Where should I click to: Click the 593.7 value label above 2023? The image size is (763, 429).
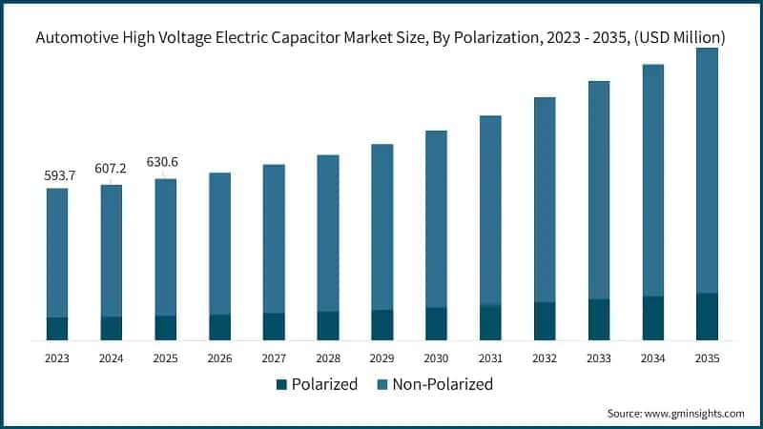pos(57,175)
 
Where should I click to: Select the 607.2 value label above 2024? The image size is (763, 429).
pos(112,168)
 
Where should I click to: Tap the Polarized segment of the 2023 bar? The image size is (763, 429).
pos(57,328)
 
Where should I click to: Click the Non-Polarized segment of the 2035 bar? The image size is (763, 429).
pos(707,172)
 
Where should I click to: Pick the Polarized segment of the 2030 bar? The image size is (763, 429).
pos(436,323)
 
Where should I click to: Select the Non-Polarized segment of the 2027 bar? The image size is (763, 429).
pos(274,238)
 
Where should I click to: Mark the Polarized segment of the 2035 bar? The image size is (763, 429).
pos(707,316)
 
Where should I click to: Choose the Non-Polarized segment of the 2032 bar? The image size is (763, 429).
pos(545,199)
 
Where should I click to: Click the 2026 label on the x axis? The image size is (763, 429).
pos(219,358)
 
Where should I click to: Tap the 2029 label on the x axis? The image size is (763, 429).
pos(381,358)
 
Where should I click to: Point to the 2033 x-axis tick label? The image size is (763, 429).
pos(598,358)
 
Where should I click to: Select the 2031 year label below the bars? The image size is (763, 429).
pos(490,358)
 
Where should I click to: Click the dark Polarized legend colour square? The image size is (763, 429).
pos(281,385)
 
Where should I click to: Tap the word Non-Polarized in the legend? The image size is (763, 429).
pos(443,385)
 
